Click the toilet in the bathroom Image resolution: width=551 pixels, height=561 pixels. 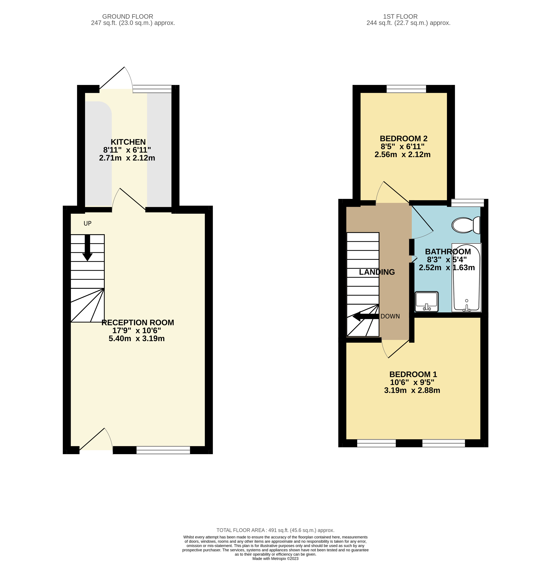(466, 225)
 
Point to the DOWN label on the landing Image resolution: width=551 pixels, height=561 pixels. (390, 316)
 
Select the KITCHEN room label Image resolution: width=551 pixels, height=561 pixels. (128, 142)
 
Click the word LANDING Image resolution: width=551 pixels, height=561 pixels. (377, 272)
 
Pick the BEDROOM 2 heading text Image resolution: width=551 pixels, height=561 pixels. (403, 138)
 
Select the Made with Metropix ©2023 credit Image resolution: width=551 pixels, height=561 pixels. (275, 559)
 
